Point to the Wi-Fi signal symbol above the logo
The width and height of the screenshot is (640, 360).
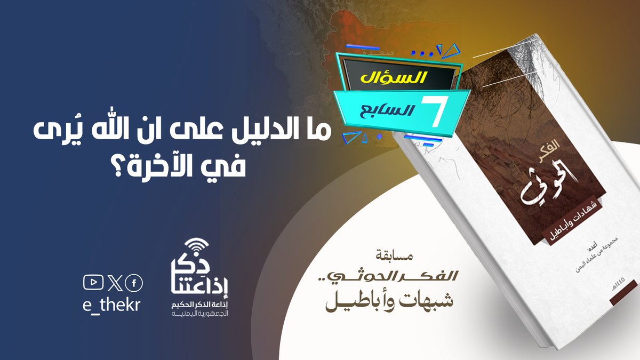click(x=199, y=247)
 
